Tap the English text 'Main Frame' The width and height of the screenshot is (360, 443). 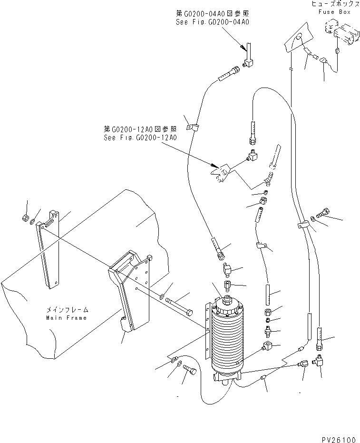click(67, 317)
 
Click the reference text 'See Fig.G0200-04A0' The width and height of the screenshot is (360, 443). click(213, 22)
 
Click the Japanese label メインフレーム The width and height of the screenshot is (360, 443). click(67, 310)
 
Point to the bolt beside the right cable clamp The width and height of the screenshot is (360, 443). click(322, 216)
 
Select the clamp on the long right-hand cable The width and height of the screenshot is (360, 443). click(302, 225)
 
